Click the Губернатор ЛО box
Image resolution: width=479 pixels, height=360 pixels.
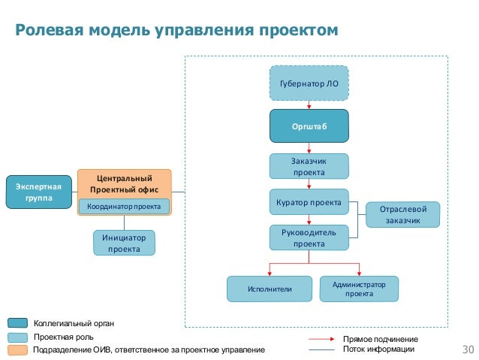pyautogui.click(x=309, y=83)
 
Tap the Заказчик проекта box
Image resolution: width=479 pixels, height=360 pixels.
pyautogui.click(x=309, y=166)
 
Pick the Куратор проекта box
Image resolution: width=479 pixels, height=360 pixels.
pyautogui.click(x=309, y=202)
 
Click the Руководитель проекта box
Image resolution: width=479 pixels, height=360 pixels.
pyautogui.click(x=309, y=237)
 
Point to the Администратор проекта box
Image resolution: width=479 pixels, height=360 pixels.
pyautogui.click(x=359, y=289)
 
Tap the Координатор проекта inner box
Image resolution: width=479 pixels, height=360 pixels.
pyautogui.click(x=125, y=206)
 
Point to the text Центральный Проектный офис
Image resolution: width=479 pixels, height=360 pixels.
pyautogui.click(x=125, y=183)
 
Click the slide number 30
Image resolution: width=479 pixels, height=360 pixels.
pyautogui.click(x=468, y=349)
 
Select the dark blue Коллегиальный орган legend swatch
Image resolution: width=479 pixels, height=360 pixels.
pyautogui.click(x=19, y=323)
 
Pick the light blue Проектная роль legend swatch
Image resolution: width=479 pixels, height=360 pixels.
pyautogui.click(x=19, y=337)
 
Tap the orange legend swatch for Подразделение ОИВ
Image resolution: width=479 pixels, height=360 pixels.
pyautogui.click(x=19, y=349)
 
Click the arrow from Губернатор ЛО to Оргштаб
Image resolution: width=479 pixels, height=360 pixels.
pyautogui.click(x=309, y=106)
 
